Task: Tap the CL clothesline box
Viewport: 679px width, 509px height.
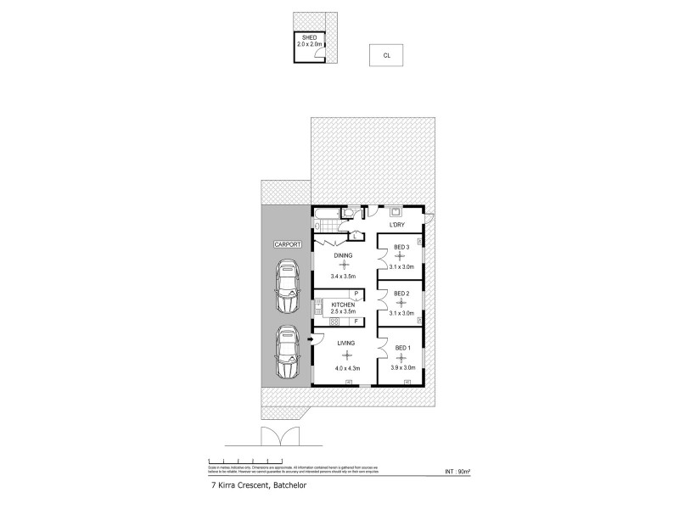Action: [386, 56]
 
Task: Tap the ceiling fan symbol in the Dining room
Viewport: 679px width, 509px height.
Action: [343, 265]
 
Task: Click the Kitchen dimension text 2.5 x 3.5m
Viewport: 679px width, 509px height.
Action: [343, 312]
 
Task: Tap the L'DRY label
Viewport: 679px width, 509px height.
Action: [396, 225]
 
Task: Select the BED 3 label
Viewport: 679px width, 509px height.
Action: [401, 247]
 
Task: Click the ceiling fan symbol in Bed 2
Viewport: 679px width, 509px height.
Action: [401, 303]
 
